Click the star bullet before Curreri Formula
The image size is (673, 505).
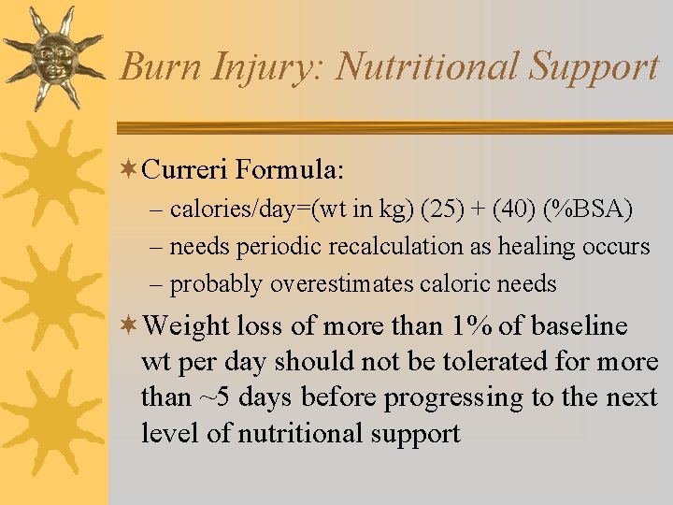(x=130, y=169)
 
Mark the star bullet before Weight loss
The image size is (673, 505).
(x=130, y=326)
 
